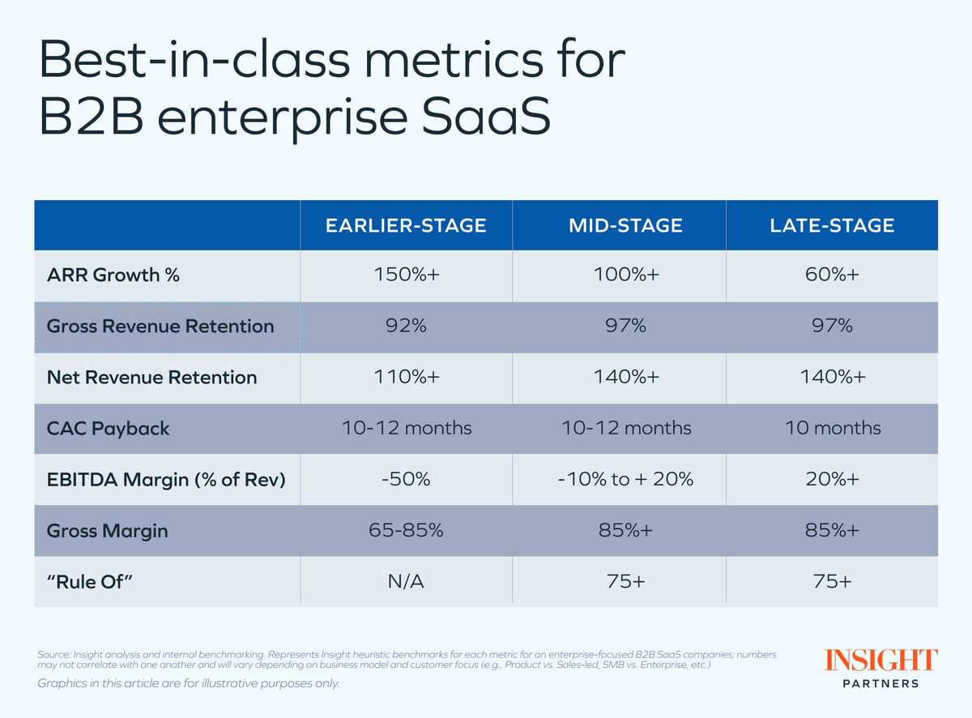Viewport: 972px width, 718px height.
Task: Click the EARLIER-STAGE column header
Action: (x=406, y=225)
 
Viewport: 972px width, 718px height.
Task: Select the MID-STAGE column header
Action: (x=618, y=225)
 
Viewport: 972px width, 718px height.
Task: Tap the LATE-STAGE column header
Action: (x=832, y=225)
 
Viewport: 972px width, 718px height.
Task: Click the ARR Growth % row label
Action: (x=113, y=276)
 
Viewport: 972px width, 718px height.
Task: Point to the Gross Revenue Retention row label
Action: (x=160, y=327)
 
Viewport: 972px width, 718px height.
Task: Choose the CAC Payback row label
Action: (x=109, y=428)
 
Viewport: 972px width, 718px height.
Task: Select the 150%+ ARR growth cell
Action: (x=406, y=276)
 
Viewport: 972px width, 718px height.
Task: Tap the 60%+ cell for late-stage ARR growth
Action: (x=832, y=276)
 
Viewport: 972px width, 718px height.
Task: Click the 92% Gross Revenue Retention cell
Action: (x=406, y=327)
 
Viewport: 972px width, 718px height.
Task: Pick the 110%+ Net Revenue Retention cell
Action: (x=406, y=377)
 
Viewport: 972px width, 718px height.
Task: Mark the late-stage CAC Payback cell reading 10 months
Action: (x=832, y=428)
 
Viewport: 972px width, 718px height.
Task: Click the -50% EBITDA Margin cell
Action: (x=406, y=479)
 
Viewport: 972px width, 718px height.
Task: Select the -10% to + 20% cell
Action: (x=618, y=479)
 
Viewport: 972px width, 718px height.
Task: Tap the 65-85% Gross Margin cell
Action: (x=406, y=530)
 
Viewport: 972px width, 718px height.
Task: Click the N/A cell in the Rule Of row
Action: (x=406, y=580)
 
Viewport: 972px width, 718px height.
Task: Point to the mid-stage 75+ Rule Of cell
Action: (x=618, y=580)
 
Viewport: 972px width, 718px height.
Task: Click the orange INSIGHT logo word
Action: (x=881, y=660)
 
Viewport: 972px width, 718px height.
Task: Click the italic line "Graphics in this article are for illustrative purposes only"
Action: (x=189, y=683)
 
